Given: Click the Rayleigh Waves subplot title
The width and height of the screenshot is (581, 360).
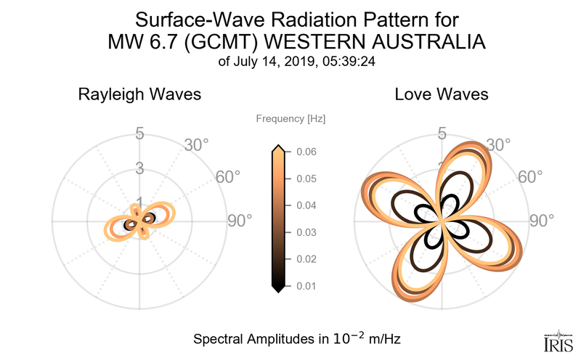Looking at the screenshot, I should pyautogui.click(x=139, y=94).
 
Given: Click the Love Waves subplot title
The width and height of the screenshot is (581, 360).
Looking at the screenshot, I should pyautogui.click(x=441, y=94).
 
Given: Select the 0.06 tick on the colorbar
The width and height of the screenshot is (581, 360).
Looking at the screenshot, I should pyautogui.click(x=306, y=152).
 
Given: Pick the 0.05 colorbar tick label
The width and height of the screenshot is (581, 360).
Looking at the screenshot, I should pyautogui.click(x=306, y=179).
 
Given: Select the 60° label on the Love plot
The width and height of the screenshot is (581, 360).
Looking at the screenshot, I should pyautogui.click(x=530, y=177).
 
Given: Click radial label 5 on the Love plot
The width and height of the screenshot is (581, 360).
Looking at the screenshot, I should pyautogui.click(x=441, y=134).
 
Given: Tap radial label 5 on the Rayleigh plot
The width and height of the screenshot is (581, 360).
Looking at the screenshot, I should pyautogui.click(x=139, y=134).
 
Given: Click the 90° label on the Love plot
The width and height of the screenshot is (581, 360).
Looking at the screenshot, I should pyautogui.click(x=541, y=221).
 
